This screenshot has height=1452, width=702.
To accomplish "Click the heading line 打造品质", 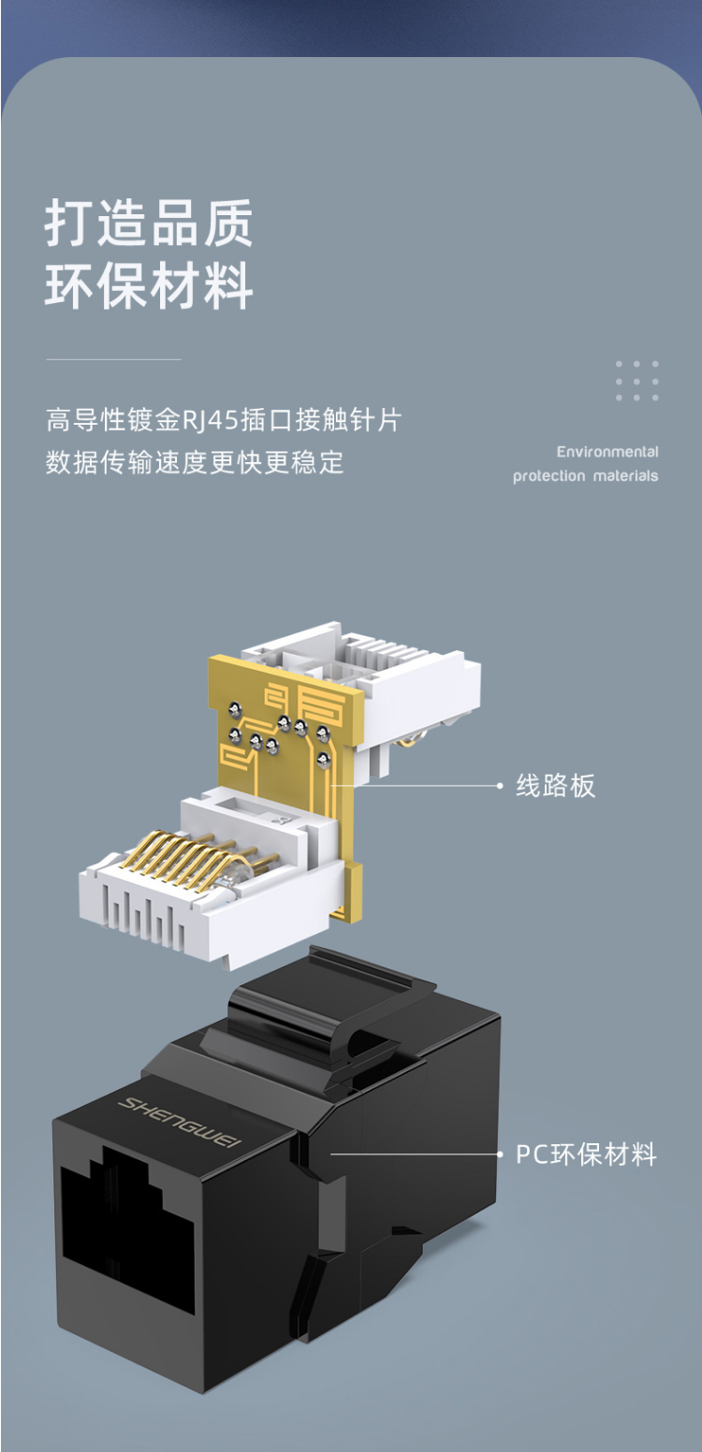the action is click(149, 223).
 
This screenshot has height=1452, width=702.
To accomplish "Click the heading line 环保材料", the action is click(149, 285).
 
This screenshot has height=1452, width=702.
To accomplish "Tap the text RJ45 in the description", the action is click(211, 420).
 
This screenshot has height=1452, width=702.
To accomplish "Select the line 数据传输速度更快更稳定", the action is click(195, 462).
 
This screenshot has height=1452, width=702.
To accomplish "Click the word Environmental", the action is click(607, 452).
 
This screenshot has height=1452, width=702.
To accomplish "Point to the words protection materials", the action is click(585, 476).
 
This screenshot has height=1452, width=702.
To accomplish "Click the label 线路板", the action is click(555, 786).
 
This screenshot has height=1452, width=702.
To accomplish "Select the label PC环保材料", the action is click(586, 1154).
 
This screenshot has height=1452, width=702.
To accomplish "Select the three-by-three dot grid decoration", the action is click(636, 381).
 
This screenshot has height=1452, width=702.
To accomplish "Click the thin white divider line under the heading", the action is click(113, 359).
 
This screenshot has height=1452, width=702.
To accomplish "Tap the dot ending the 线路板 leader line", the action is click(500, 786).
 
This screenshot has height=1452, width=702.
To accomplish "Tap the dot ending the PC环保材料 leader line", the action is click(500, 1154).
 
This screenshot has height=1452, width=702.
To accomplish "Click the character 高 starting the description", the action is click(58, 420).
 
